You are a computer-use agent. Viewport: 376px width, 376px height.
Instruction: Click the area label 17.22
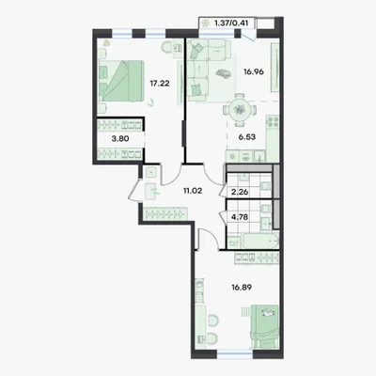160,84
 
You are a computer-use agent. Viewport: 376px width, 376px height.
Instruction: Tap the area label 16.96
254,71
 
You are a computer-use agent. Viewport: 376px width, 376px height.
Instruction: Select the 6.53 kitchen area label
247,136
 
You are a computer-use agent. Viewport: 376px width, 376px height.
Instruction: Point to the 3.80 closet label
120,138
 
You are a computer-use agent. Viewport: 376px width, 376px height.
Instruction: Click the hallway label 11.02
193,190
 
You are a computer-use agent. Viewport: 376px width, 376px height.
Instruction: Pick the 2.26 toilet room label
240,192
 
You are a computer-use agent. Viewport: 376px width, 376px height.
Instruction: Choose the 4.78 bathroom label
240,217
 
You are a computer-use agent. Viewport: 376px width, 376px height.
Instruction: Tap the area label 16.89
242,287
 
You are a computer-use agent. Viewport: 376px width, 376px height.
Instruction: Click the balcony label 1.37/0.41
232,23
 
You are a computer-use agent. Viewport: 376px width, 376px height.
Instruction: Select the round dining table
240,110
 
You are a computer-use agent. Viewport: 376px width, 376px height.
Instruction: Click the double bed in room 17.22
121,81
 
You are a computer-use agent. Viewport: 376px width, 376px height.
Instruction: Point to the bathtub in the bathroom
258,242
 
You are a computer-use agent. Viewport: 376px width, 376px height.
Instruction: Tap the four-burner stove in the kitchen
272,122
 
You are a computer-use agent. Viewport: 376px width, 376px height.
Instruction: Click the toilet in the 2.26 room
266,186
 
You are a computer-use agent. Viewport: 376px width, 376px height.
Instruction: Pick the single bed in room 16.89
265,326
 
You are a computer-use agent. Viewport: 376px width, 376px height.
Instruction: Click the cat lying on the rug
223,73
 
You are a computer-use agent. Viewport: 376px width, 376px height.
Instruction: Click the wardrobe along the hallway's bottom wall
165,213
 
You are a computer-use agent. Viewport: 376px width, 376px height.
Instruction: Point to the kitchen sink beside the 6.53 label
259,156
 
